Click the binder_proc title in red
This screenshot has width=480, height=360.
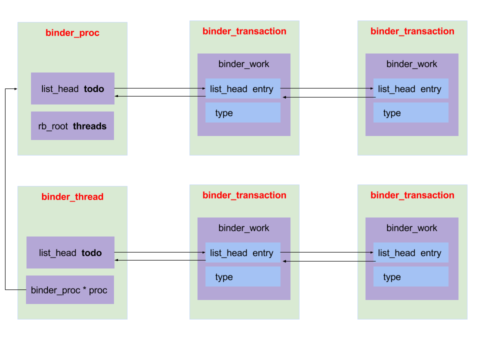pyautogui.click(x=72, y=33)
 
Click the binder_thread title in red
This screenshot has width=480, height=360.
pyautogui.click(x=72, y=196)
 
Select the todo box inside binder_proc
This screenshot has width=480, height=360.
pyautogui.click(x=72, y=88)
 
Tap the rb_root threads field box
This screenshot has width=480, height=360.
pyautogui.click(x=72, y=125)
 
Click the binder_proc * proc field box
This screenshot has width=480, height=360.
pyautogui.click(x=69, y=289)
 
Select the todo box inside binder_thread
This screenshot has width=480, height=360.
pyautogui.click(x=70, y=252)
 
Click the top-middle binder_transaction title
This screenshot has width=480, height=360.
pyautogui.click(x=244, y=31)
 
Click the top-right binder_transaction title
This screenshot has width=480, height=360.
pyautogui.click(x=412, y=31)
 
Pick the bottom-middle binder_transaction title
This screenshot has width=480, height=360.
pyautogui.click(x=244, y=195)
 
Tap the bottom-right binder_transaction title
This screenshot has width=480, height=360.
pyautogui.click(x=412, y=195)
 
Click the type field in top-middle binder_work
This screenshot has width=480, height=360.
pyautogui.click(x=242, y=112)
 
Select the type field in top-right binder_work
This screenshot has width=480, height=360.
pyautogui.click(x=410, y=112)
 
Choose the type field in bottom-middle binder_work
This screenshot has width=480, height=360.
pyautogui.click(x=242, y=276)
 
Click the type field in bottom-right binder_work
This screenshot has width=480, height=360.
pyautogui.click(x=410, y=276)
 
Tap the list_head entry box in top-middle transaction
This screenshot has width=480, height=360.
pyautogui.click(x=242, y=88)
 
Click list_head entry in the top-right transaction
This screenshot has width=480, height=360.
pyautogui.click(x=410, y=88)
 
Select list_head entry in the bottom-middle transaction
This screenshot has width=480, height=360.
pyautogui.click(x=242, y=252)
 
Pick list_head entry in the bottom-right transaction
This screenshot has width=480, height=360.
pyautogui.click(x=410, y=252)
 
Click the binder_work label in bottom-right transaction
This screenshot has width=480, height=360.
pyautogui.click(x=411, y=228)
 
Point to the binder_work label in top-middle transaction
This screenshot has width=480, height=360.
pyautogui.click(x=243, y=64)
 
